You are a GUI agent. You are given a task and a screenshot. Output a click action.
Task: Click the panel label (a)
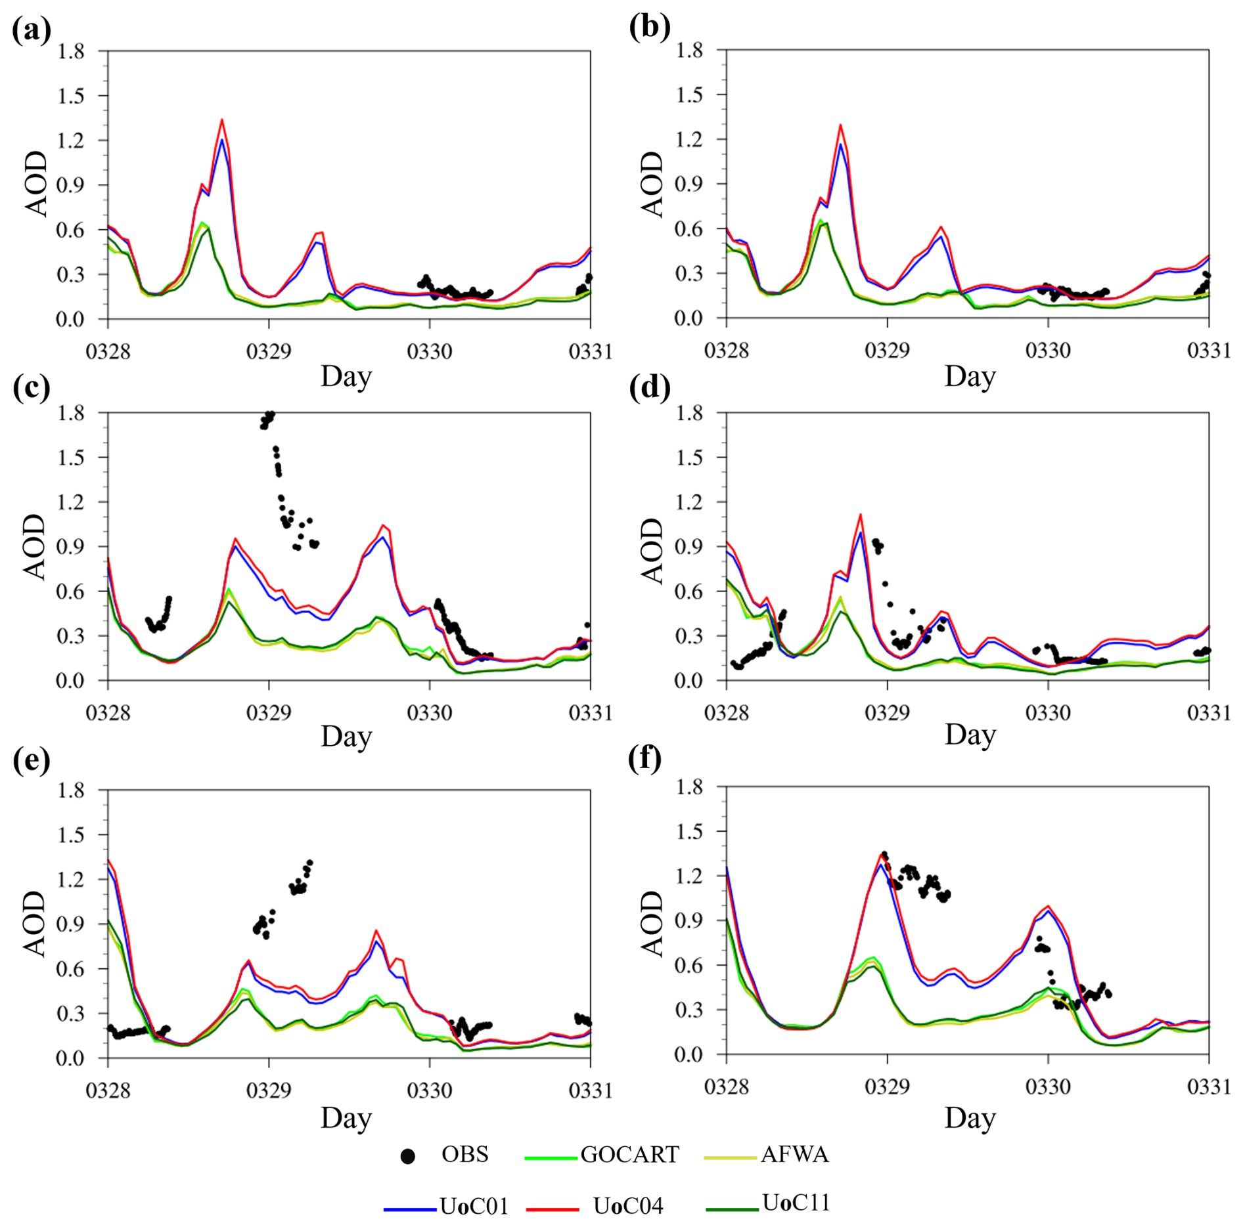(31, 31)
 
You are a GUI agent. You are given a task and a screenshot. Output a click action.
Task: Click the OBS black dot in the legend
(408, 1156)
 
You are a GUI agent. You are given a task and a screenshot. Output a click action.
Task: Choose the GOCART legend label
(629, 1154)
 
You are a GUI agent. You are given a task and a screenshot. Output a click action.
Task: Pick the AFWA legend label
(794, 1154)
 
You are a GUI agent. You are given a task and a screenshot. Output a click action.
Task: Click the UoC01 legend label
(474, 1206)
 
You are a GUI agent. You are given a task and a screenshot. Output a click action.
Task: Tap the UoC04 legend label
(628, 1206)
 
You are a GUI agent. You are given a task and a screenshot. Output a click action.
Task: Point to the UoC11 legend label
(796, 1203)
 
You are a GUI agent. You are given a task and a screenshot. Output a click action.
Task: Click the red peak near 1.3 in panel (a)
(222, 120)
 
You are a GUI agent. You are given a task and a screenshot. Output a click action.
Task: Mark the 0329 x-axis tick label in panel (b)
(887, 351)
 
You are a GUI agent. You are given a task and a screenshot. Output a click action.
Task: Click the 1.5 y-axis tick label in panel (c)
(71, 458)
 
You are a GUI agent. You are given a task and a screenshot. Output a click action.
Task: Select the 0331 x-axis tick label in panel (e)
(590, 1090)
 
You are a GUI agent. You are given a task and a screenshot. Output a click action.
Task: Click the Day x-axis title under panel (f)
(970, 1117)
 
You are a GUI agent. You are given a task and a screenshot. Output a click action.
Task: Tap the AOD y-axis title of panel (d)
(653, 550)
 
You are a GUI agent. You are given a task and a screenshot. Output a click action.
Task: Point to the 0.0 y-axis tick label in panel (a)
(71, 320)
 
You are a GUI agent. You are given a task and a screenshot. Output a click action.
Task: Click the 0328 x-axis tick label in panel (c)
(108, 713)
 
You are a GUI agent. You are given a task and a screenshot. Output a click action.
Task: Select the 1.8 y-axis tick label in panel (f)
(690, 787)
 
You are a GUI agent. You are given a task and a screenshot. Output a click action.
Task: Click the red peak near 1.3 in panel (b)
(840, 125)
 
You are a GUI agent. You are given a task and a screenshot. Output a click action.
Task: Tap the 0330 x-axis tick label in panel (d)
(1048, 713)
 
